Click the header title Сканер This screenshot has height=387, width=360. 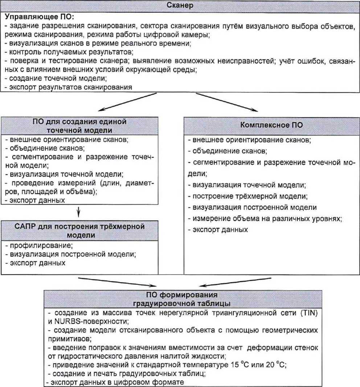180,5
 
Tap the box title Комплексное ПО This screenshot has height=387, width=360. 272,125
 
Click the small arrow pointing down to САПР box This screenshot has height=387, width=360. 79,211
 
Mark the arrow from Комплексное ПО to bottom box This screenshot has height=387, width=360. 236,281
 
